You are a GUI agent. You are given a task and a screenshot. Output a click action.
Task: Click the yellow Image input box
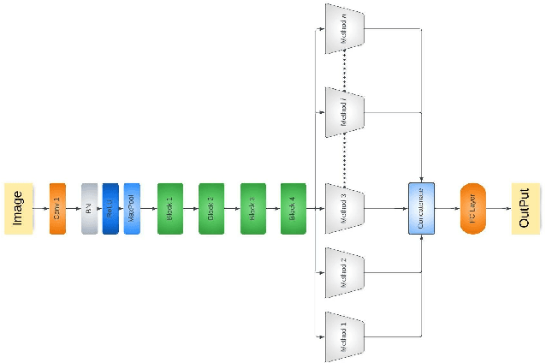pos(17,208)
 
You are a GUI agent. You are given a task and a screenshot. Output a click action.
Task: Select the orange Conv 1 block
pos(57,208)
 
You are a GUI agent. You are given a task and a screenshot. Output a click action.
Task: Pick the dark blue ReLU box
pos(110,208)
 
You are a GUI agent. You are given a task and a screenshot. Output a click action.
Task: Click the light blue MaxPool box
pos(132,208)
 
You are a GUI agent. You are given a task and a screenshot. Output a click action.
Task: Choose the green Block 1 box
pos(169,208)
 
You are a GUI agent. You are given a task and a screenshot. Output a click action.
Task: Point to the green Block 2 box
pos(211,208)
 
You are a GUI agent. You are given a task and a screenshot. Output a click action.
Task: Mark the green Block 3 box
pos(252,208)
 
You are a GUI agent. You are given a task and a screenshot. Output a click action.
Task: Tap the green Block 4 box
pos(293,208)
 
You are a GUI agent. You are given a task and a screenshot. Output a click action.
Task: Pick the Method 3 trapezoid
pos(345,208)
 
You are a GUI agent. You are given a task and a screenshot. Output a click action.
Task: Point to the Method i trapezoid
pos(345,111)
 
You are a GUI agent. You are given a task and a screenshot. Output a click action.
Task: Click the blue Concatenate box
pos(421,208)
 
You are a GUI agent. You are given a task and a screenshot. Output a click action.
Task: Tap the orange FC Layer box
pos(472,208)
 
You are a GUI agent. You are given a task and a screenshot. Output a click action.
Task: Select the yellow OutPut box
pos(525,208)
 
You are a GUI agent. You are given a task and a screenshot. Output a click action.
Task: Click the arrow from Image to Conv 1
pos(40,208)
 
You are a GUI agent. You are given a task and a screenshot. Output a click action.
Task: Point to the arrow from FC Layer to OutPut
pos(498,208)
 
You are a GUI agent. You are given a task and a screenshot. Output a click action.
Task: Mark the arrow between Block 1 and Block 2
pos(190,208)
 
